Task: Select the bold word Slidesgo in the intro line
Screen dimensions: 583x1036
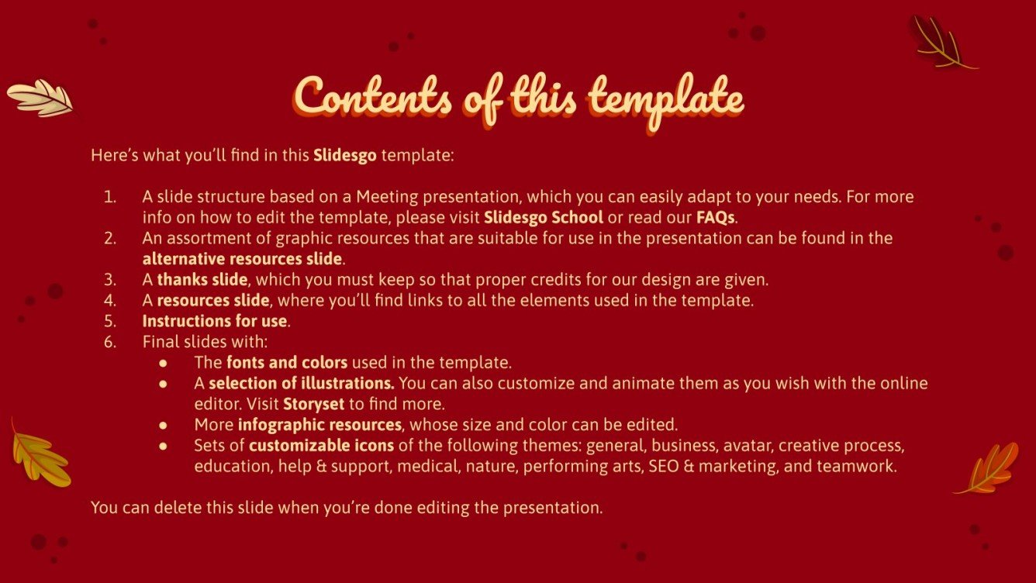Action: [x=345, y=155]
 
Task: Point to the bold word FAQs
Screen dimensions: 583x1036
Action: [x=715, y=216]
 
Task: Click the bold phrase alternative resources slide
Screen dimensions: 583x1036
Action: [x=242, y=258]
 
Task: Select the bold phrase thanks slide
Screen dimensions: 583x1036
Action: [x=202, y=279]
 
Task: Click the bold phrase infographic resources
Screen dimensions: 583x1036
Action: [x=319, y=425]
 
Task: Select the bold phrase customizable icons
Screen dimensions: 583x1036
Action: [x=321, y=446]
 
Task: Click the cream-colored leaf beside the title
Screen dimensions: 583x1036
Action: [x=40, y=98]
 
